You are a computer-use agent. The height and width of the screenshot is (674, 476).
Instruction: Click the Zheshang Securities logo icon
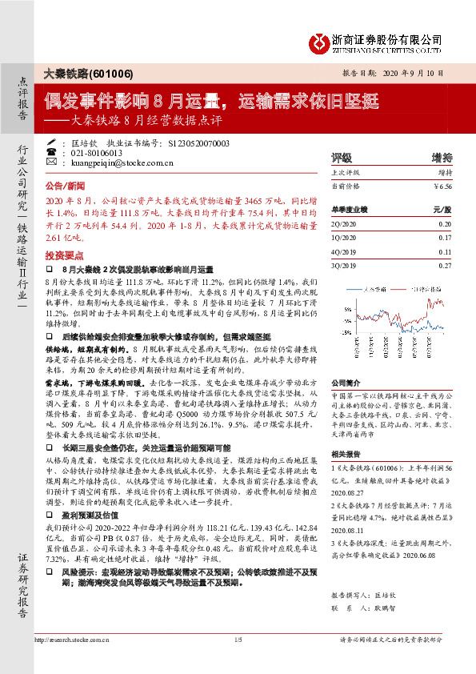[318, 42]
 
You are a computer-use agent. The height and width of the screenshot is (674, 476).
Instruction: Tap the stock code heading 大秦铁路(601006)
[78, 72]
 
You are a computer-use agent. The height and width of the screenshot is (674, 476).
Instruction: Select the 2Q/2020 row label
[344, 226]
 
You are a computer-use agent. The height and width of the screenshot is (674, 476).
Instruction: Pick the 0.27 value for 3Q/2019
[445, 264]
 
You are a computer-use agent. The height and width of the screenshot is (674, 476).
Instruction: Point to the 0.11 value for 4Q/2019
[445, 251]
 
